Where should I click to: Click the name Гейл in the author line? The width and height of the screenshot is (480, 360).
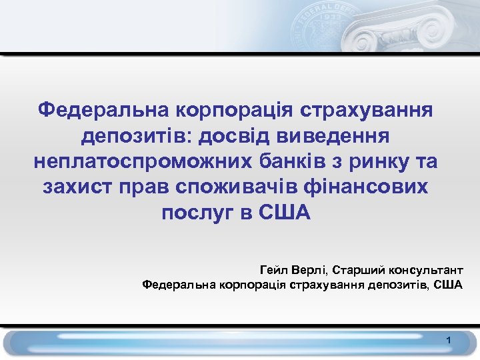coord(272,270)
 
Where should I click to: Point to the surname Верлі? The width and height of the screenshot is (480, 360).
coord(308,270)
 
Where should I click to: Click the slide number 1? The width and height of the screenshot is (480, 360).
coord(449,341)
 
